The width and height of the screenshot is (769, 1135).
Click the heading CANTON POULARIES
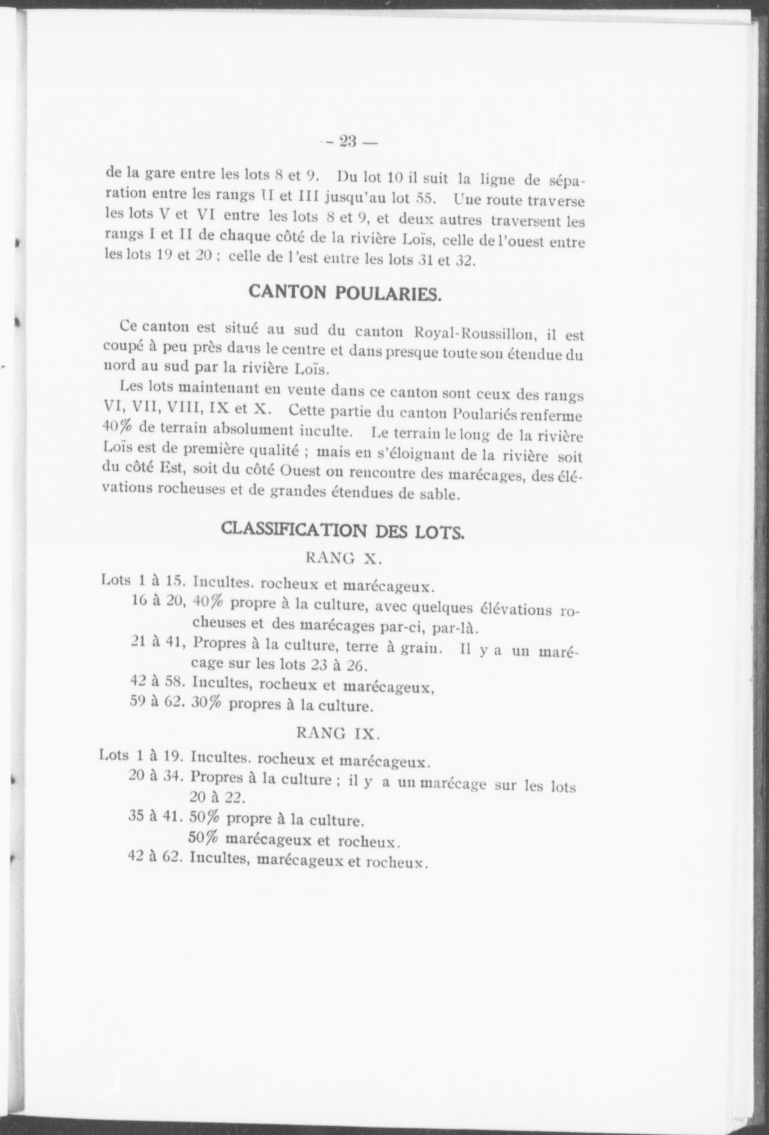pyautogui.click(x=345, y=294)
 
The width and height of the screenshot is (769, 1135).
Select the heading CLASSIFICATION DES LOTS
pyautogui.click(x=343, y=530)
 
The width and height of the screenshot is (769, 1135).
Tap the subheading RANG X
pyautogui.click(x=344, y=558)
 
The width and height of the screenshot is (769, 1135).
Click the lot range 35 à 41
pyautogui.click(x=156, y=817)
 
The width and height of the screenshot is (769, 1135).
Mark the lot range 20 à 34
pyautogui.click(x=156, y=776)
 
